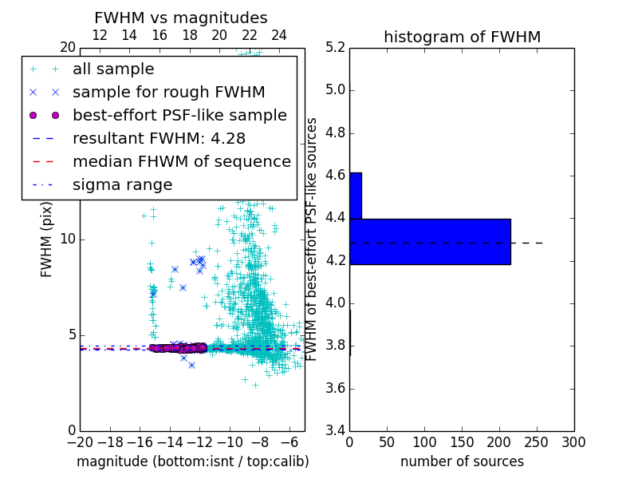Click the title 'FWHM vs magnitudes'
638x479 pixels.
point(181,18)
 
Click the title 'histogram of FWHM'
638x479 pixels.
point(462,38)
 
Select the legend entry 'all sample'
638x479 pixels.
point(113,69)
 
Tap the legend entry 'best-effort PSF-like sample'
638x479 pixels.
point(179,116)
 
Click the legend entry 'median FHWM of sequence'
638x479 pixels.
point(181,162)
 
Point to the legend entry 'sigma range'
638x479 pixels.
point(122,185)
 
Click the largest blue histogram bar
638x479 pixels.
point(430,241)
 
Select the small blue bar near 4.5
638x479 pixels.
point(356,196)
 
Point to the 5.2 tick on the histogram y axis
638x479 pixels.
point(334,47)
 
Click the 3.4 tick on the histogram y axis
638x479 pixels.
point(334,431)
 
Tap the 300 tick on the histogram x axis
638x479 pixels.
point(573,442)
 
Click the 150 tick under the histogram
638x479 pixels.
point(462,442)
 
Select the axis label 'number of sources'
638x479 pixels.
point(462,461)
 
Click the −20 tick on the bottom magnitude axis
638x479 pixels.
point(80,442)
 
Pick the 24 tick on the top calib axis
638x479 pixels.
point(279,36)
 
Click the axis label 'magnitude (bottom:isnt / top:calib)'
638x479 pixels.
point(192,461)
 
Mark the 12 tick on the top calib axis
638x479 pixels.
point(100,36)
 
